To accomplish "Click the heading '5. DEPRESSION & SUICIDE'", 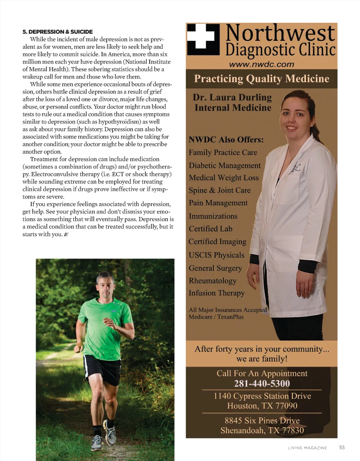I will [58, 32].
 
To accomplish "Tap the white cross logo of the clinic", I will [201, 39].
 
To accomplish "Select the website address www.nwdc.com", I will [262, 64].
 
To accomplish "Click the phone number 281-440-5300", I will [262, 383].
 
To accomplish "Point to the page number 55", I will [342, 447].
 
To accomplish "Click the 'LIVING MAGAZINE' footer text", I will [307, 448].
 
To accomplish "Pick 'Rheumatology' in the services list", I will [212, 281].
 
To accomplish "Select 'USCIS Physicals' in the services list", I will [216, 255].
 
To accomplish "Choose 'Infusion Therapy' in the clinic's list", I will [217, 293].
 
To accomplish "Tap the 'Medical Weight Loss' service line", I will [224, 178].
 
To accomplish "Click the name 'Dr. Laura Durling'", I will [232, 97].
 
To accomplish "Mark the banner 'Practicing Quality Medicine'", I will [262, 79].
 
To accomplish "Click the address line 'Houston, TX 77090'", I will [262, 406].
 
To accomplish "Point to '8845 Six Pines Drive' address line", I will [262, 421].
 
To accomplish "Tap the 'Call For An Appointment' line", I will [262, 373].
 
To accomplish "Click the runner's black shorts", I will [102, 369].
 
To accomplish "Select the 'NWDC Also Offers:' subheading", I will [226, 140].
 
